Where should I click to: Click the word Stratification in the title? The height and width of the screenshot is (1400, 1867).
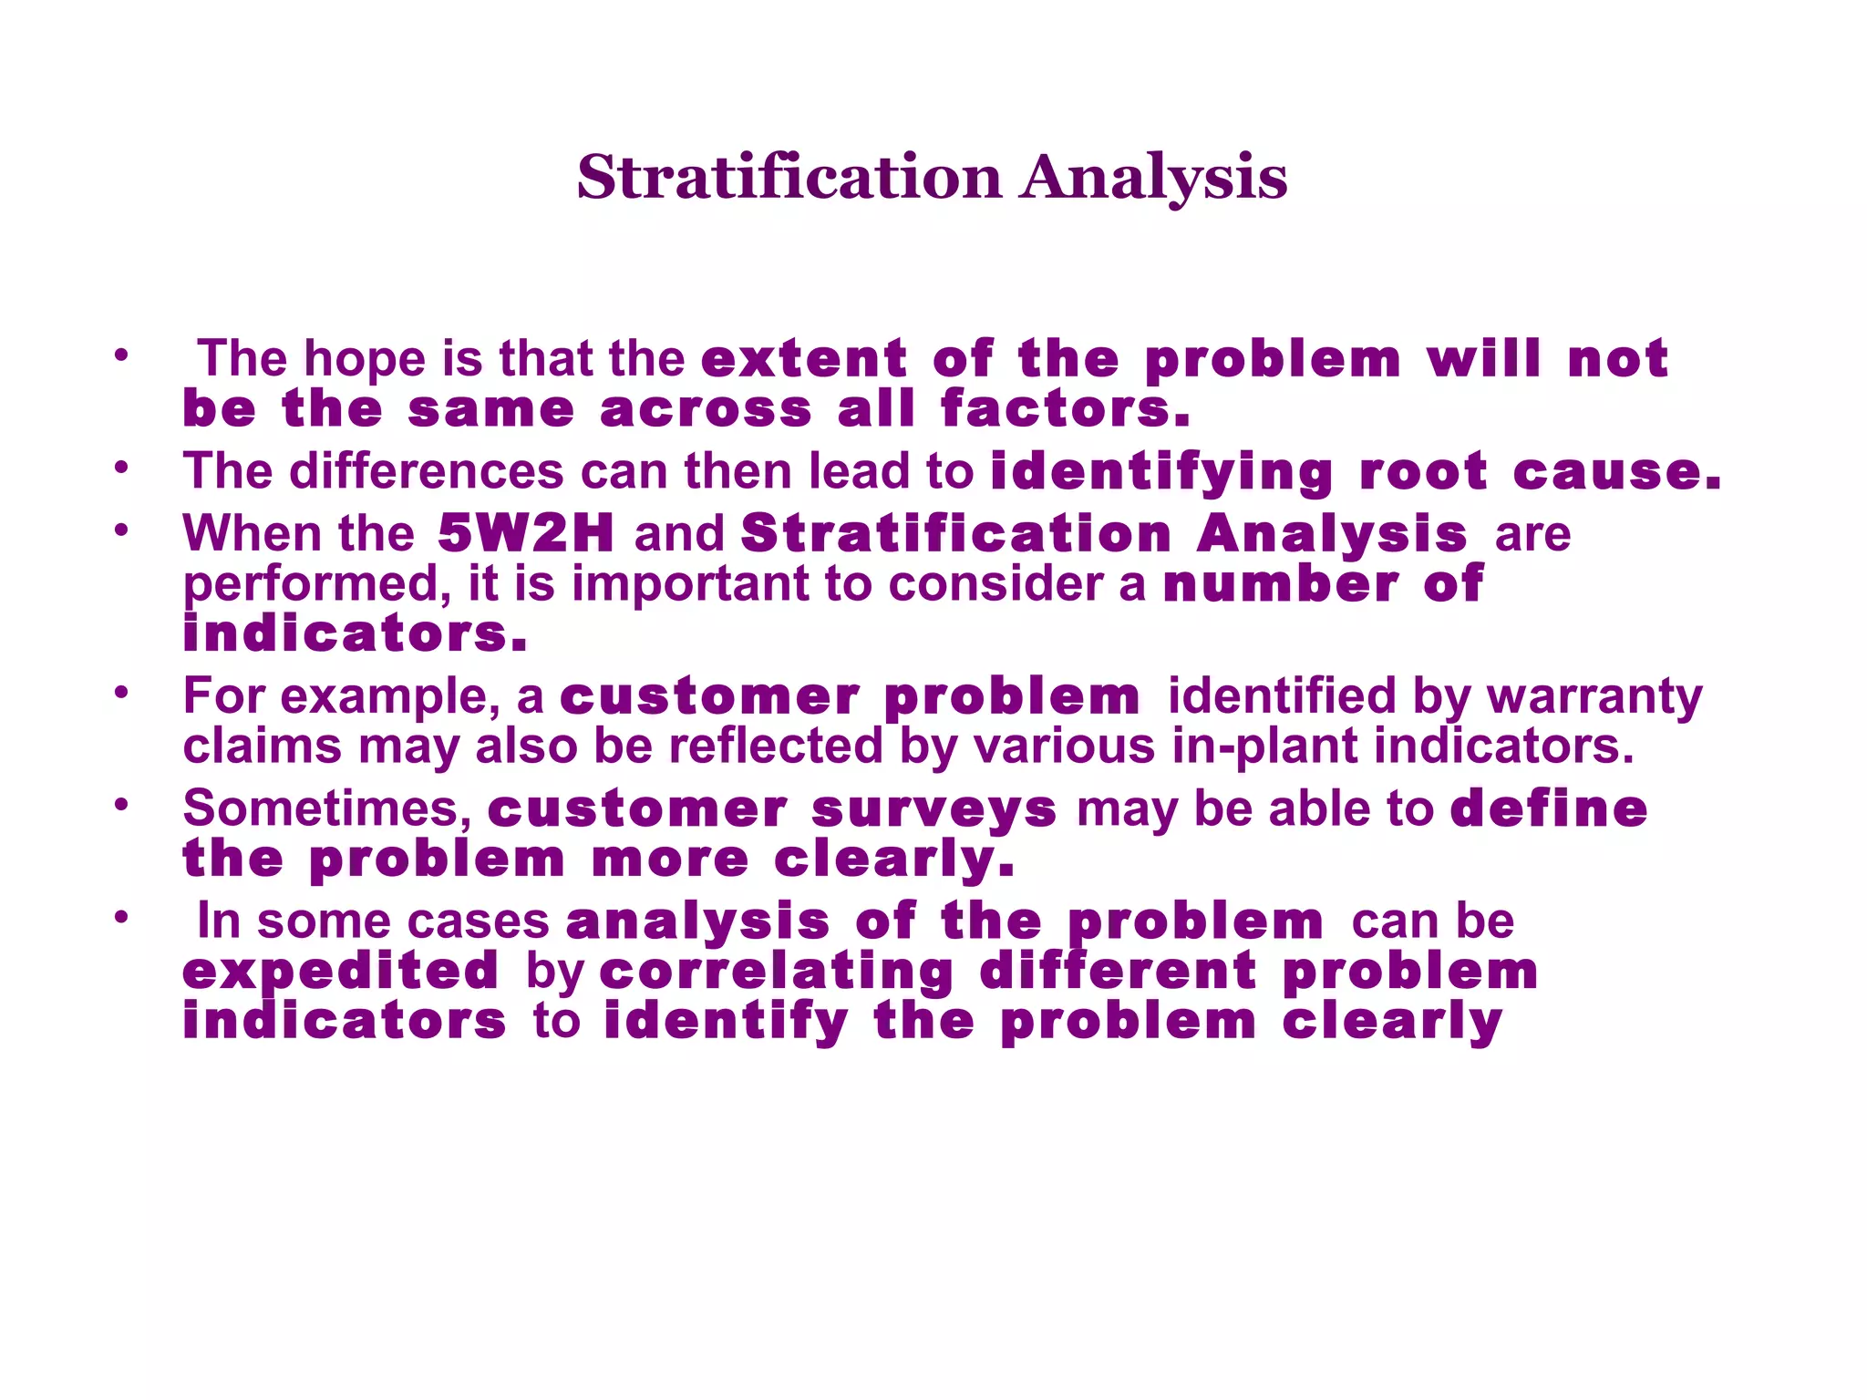tap(789, 178)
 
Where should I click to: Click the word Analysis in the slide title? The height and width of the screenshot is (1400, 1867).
tap(1153, 178)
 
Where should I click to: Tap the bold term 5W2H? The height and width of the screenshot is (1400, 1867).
tap(526, 533)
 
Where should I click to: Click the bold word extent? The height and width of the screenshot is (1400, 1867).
tap(804, 358)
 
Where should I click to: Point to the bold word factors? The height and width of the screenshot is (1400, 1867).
tap(1065, 408)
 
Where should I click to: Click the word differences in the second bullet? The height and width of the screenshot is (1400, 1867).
tap(426, 471)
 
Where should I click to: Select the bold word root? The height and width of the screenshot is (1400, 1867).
tap(1423, 471)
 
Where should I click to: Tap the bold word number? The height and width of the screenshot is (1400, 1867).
tap(1281, 583)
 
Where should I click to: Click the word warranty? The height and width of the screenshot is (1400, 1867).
tap(1594, 696)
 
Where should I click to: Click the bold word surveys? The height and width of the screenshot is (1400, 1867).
tap(933, 808)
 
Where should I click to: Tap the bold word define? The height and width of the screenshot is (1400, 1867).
tap(1549, 808)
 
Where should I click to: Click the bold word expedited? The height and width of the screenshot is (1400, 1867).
tap(341, 971)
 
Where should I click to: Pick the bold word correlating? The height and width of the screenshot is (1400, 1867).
tap(777, 971)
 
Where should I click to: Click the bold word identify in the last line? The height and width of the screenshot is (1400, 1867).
tap(726, 1021)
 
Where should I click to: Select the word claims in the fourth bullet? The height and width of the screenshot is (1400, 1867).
tap(263, 746)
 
